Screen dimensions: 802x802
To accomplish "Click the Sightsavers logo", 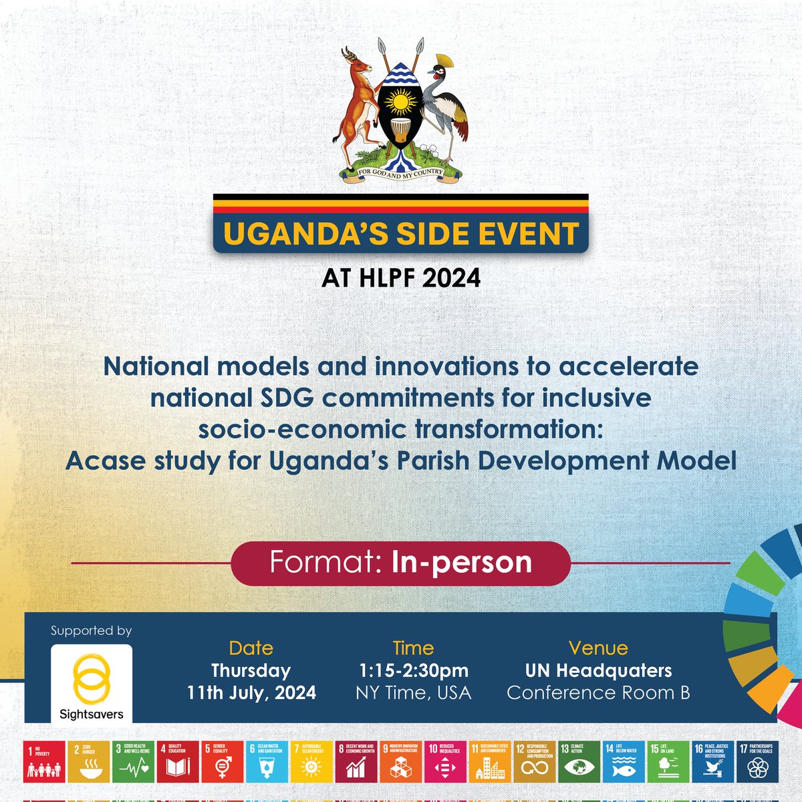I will pos(92,684).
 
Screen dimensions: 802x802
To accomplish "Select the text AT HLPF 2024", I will pos(401,277).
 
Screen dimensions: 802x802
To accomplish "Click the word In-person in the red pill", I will pos(462,562).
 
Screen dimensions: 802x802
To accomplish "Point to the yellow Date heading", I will pos(251,648).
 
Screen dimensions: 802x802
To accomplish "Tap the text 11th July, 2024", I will pos(251,692).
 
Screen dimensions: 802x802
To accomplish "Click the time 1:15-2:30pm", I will pos(413,670).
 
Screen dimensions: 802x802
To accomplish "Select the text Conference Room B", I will pos(598,692).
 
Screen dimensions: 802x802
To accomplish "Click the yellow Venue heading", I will pos(598,648).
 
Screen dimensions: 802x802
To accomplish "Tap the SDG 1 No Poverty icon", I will pos(45,761).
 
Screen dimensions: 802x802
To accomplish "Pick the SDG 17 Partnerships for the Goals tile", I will pos(757,761).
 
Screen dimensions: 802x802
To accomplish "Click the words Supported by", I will pos(91,631).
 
